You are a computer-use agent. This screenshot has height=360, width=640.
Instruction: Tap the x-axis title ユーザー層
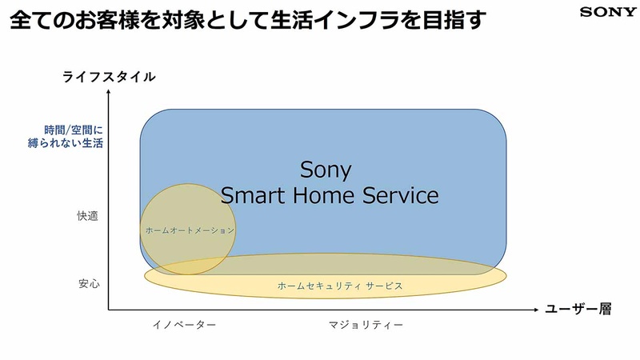click(578, 310)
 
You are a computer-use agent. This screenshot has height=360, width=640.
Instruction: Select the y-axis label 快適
click(88, 216)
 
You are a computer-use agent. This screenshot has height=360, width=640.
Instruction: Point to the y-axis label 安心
click(89, 284)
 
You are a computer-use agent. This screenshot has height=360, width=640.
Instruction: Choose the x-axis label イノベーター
click(185, 326)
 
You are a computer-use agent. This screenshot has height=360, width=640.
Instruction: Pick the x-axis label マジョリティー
click(366, 326)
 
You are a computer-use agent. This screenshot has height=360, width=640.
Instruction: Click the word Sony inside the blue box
click(326, 170)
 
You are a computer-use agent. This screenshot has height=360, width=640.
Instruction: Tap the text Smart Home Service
click(330, 195)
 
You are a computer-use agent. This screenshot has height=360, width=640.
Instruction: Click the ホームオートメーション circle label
click(190, 230)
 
